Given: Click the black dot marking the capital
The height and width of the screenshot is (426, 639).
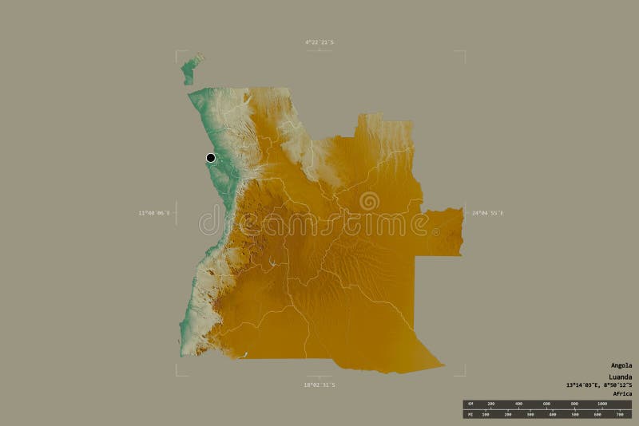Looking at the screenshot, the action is coord(211,158).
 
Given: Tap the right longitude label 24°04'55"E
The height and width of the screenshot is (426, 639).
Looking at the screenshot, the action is coord(488,213).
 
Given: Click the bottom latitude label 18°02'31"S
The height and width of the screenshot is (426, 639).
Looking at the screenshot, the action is coord(319,385).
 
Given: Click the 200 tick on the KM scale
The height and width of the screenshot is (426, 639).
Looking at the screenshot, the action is coord(491,404).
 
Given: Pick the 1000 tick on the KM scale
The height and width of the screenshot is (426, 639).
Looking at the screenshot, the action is coord(602,404).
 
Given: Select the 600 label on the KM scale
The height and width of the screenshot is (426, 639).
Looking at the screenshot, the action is coord(547,404).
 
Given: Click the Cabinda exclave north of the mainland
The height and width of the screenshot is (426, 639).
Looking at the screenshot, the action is coord(190,69).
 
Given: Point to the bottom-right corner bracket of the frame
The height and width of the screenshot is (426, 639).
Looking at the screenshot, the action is coord(464,374).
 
